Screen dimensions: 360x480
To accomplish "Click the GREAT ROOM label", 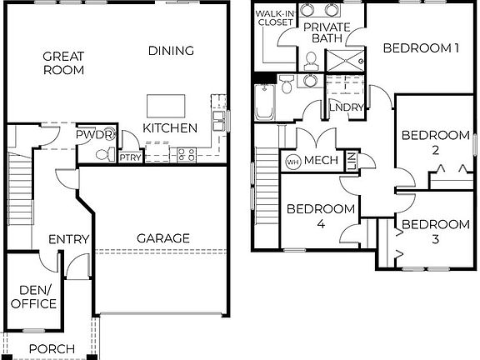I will (x=63, y=63).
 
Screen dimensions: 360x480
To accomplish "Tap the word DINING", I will (x=171, y=51).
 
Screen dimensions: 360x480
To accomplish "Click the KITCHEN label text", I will (x=170, y=128).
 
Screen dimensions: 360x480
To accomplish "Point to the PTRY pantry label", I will (x=130, y=157).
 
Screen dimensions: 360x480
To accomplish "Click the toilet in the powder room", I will (x=103, y=154).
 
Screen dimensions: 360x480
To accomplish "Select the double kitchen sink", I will (x=219, y=122).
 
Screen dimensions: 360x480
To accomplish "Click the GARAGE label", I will (x=163, y=238).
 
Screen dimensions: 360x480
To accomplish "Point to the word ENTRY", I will (x=68, y=239).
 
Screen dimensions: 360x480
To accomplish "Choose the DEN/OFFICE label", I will (x=33, y=297).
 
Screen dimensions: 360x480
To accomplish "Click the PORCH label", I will (x=52, y=348).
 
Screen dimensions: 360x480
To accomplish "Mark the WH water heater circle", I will (x=292, y=161).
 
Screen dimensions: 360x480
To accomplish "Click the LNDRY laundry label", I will (x=345, y=107).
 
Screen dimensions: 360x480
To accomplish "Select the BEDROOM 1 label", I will (x=421, y=48).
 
